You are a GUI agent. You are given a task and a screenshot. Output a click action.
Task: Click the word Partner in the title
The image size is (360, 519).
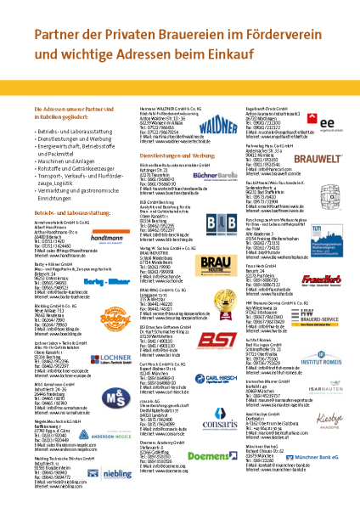[58, 36]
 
